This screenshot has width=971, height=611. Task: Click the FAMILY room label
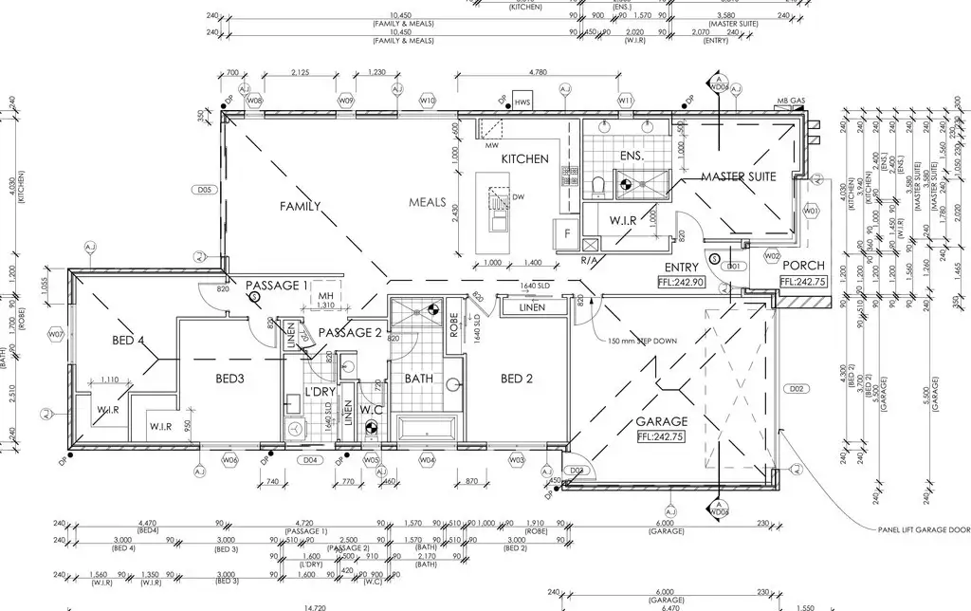(300, 206)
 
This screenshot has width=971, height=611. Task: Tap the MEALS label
(427, 202)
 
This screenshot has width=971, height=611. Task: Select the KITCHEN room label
(524, 158)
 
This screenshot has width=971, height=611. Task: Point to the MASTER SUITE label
(739, 176)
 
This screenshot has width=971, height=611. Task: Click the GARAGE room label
(663, 421)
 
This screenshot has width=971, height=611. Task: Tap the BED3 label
(230, 379)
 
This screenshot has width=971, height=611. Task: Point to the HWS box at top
(522, 102)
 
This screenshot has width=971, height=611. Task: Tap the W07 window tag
(56, 334)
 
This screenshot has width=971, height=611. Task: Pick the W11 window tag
(625, 100)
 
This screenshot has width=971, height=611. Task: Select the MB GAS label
(791, 100)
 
